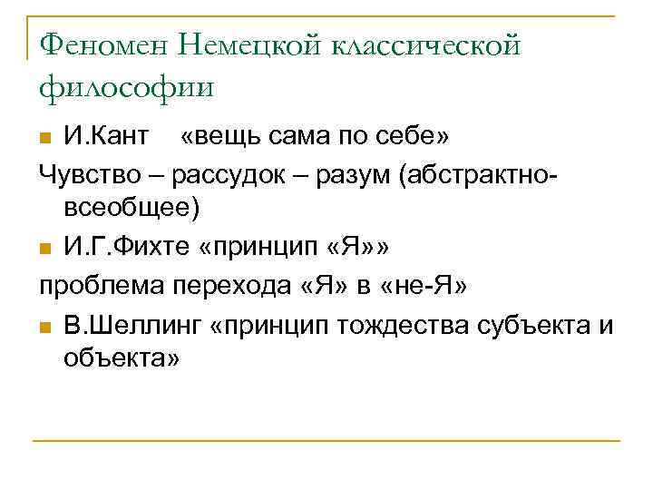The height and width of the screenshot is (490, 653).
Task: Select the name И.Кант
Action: pyautogui.click(x=105, y=136)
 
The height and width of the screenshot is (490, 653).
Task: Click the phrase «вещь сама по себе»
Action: pyautogui.click(x=316, y=136)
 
